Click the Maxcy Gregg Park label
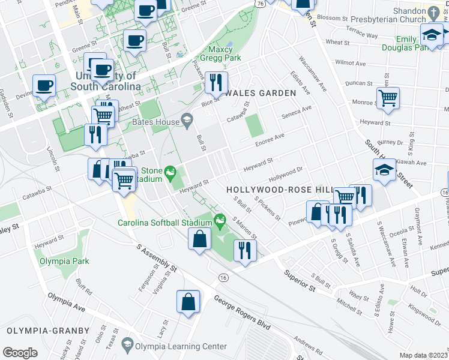[x=232, y=53]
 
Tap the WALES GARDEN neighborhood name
[x=261, y=93]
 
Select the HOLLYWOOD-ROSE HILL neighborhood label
[x=280, y=189]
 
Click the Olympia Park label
[x=64, y=261]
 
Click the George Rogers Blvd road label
[x=242, y=315]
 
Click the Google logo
[x=20, y=352]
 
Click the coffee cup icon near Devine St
[x=44, y=86]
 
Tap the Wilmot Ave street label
[x=351, y=62]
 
